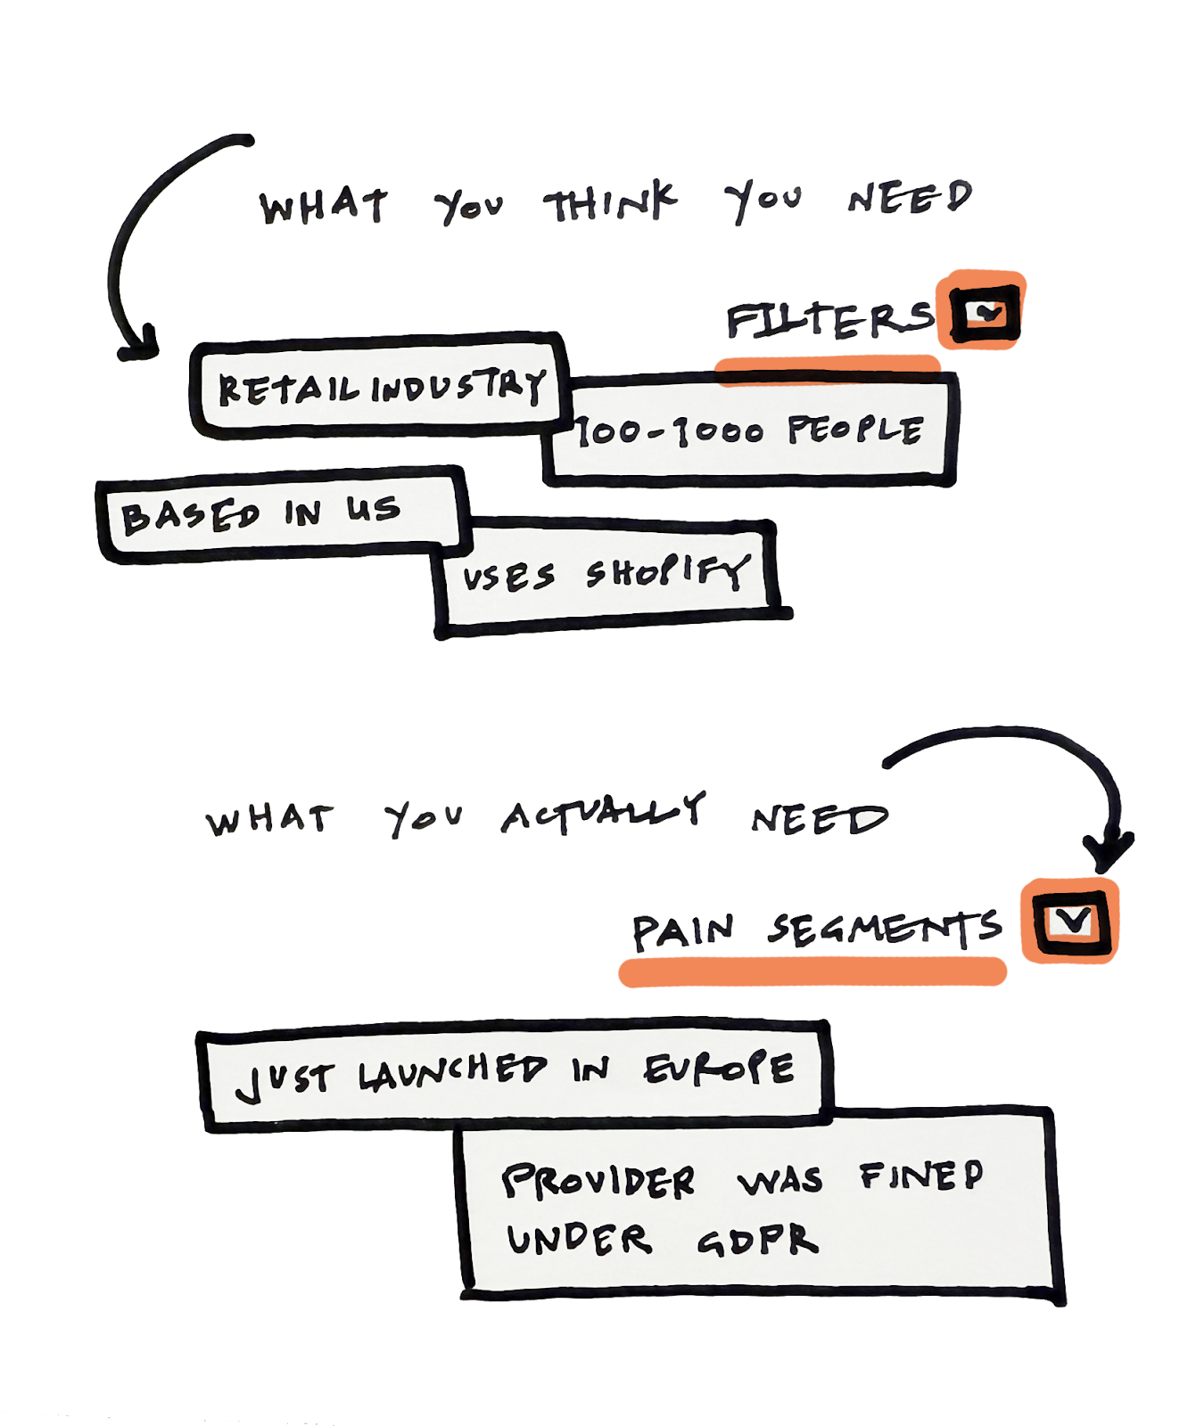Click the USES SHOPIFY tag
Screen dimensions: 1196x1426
(610, 576)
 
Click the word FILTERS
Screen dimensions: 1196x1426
(829, 321)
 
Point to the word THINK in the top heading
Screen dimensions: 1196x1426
(610, 202)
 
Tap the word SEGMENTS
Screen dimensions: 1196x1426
(884, 930)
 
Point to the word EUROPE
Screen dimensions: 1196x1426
(719, 1067)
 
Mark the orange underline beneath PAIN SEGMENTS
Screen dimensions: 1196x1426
(812, 971)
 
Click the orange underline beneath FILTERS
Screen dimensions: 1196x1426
(828, 366)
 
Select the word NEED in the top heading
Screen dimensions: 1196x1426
(910, 198)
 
